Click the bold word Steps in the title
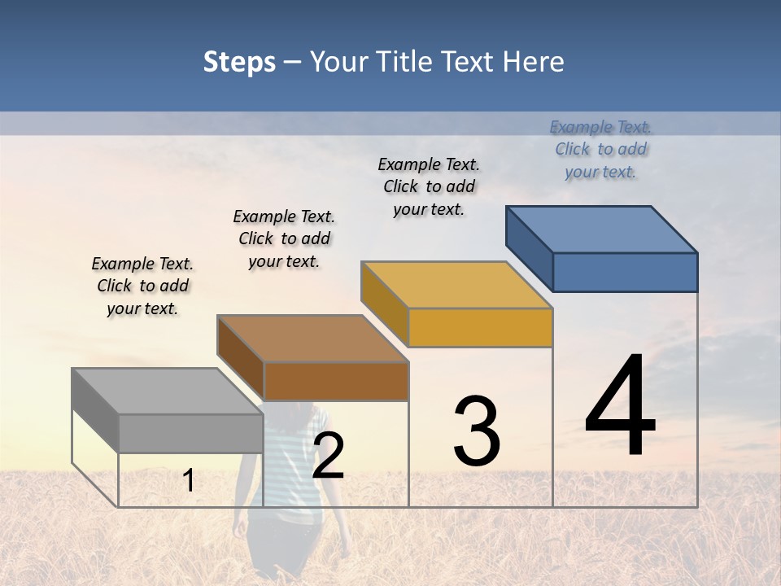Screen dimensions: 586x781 (x=239, y=62)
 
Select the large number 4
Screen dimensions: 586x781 (x=620, y=407)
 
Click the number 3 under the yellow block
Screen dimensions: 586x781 (x=477, y=431)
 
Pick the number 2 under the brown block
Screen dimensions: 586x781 (x=328, y=456)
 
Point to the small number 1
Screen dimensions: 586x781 (x=189, y=480)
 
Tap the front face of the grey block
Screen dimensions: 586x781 (x=191, y=433)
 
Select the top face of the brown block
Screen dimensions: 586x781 (x=312, y=338)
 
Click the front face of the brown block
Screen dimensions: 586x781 (x=336, y=381)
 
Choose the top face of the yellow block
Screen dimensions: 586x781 (x=456, y=285)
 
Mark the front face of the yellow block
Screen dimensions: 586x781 (x=480, y=327)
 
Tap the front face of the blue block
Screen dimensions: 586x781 (x=625, y=272)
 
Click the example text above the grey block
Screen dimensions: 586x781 (x=142, y=286)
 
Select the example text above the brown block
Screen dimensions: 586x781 (x=284, y=238)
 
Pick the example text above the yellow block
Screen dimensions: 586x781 (x=429, y=186)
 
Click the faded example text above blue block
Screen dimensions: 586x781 (x=600, y=149)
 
